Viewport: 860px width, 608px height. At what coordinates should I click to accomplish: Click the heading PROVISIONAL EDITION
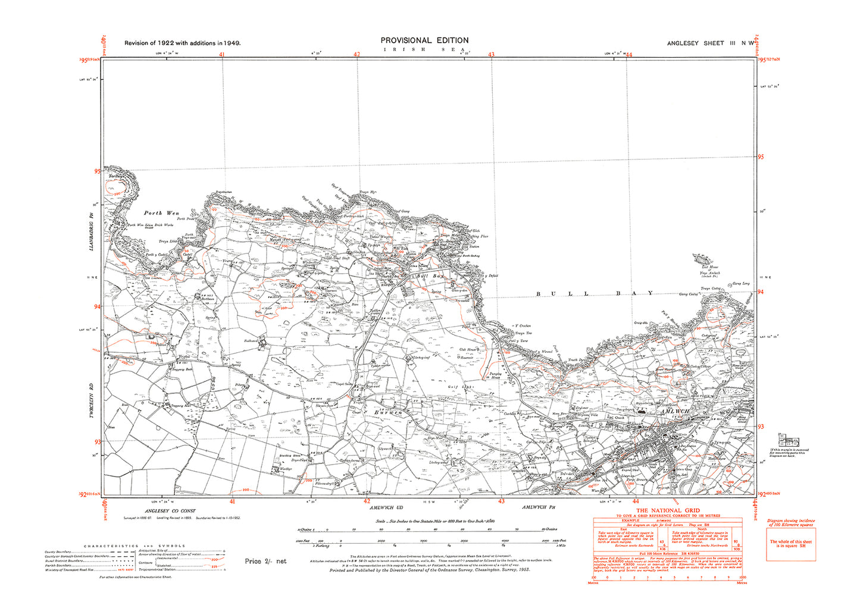pyautogui.click(x=424, y=40)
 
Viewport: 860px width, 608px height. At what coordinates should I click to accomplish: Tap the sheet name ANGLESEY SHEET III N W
pyautogui.click(x=711, y=43)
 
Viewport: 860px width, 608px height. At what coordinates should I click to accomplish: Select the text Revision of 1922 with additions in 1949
pyautogui.click(x=182, y=43)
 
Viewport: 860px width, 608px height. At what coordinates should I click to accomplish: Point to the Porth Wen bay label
pyautogui.click(x=161, y=213)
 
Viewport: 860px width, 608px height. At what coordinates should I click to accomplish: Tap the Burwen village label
pyautogui.click(x=388, y=412)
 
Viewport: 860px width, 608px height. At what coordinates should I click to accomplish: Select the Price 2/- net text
pyautogui.click(x=265, y=561)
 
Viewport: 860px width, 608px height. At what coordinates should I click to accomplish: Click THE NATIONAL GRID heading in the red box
pyautogui.click(x=667, y=510)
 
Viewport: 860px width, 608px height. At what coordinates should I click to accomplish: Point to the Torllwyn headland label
pyautogui.click(x=117, y=177)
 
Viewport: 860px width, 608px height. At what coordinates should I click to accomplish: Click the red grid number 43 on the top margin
pyautogui.click(x=491, y=55)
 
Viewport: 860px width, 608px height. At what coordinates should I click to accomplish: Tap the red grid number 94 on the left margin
pyautogui.click(x=97, y=306)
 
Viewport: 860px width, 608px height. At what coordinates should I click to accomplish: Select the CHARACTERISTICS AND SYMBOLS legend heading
pyautogui.click(x=135, y=546)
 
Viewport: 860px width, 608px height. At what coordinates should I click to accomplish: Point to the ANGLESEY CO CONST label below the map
pyautogui.click(x=170, y=511)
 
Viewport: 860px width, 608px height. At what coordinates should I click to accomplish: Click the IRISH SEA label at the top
pyautogui.click(x=424, y=49)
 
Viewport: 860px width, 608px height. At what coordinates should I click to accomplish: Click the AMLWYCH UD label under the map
pyautogui.click(x=386, y=507)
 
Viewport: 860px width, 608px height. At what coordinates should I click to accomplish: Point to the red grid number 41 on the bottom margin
pyautogui.click(x=233, y=502)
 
